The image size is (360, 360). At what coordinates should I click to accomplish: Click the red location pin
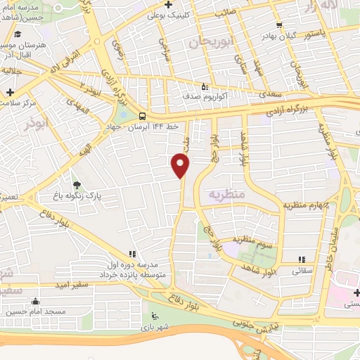[x=181, y=165]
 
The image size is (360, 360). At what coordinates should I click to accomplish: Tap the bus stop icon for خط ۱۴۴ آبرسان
[x=143, y=115]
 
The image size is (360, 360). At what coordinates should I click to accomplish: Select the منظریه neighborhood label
[x=226, y=193]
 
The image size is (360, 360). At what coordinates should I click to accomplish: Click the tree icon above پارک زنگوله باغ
[x=76, y=186]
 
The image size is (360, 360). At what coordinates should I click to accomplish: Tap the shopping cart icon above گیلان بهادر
[x=281, y=25]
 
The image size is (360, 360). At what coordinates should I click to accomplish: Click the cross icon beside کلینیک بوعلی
[x=152, y=13]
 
